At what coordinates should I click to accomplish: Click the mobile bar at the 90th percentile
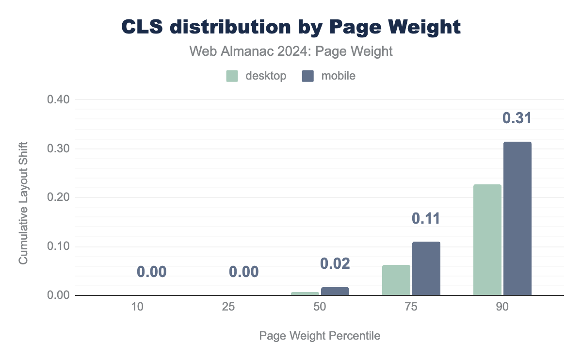coord(517,218)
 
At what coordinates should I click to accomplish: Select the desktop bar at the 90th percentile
coord(487,240)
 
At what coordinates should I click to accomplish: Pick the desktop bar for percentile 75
coord(396,280)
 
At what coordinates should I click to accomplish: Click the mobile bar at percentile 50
coord(335,291)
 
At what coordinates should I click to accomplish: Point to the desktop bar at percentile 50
coord(305,294)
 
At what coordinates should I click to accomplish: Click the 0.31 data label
coord(517,118)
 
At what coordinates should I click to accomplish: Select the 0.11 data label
coord(426,218)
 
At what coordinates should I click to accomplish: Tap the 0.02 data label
coord(335,263)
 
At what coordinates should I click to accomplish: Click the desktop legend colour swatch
coord(232,76)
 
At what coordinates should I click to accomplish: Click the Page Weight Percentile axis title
coord(320,336)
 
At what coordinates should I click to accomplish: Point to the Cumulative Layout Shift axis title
coord(23,203)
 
